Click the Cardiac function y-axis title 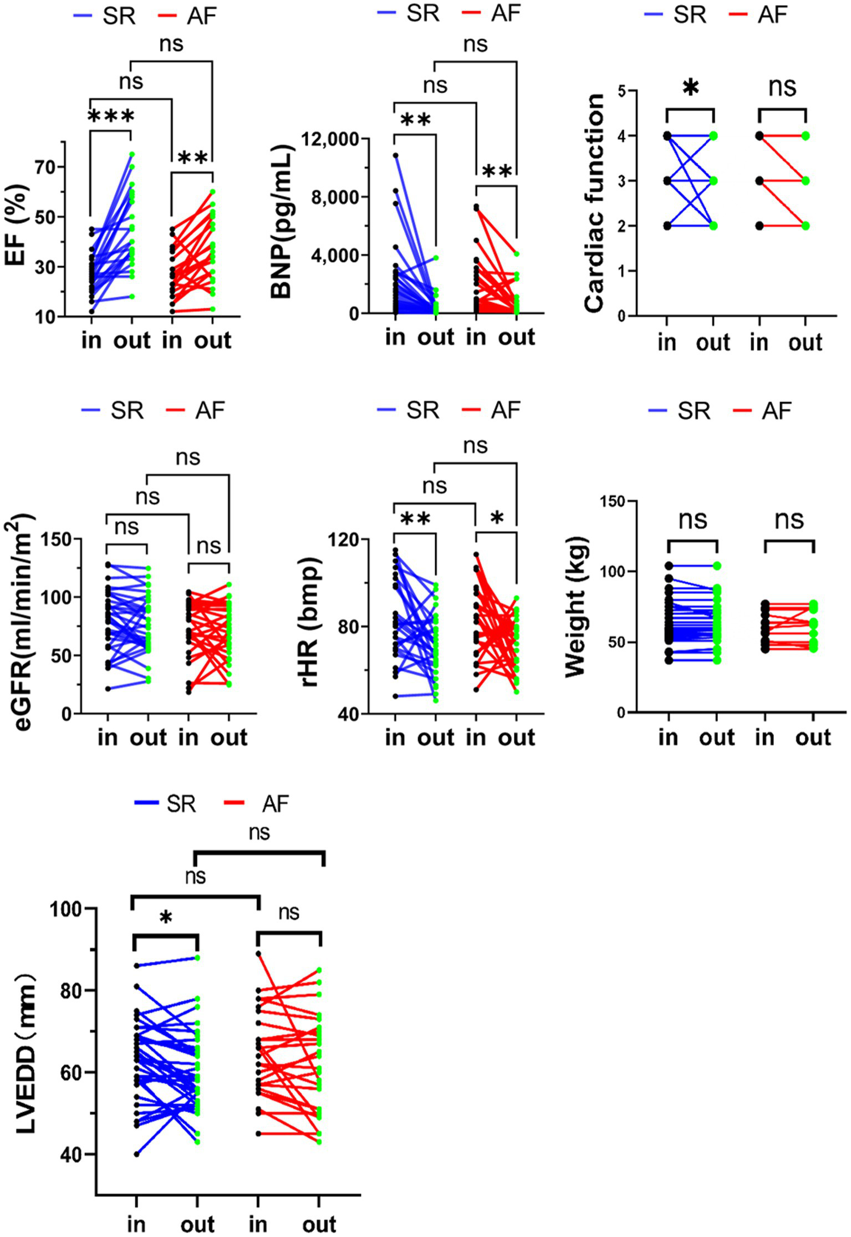[594, 203]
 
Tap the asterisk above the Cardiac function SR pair [690, 88]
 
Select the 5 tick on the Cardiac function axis [622, 91]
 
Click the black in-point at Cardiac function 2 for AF [760, 226]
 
